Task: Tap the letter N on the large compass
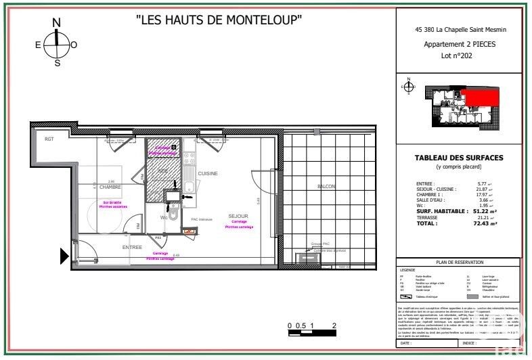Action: (x=57, y=23)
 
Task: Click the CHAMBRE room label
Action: (x=110, y=187)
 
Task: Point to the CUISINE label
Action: (x=208, y=174)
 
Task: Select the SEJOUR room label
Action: (x=238, y=216)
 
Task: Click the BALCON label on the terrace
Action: (x=326, y=186)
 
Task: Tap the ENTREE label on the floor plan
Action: (x=132, y=248)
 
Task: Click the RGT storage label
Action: (x=49, y=139)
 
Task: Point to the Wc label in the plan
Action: (x=164, y=217)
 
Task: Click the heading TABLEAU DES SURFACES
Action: (x=458, y=158)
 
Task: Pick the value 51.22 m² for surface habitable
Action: (x=483, y=212)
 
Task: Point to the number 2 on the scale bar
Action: (x=335, y=325)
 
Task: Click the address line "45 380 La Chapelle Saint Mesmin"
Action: (x=458, y=30)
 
